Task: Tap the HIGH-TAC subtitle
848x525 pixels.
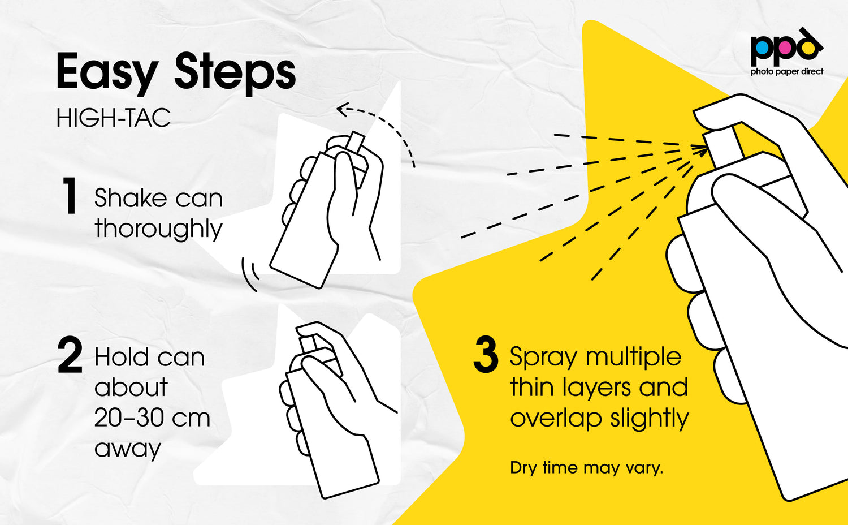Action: click(x=114, y=118)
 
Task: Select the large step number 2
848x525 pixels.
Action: click(x=70, y=355)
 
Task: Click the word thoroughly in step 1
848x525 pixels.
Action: click(x=159, y=229)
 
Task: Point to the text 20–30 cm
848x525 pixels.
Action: click(x=152, y=418)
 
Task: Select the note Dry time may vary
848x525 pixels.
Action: click(x=586, y=468)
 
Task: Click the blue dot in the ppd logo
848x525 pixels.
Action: click(x=762, y=48)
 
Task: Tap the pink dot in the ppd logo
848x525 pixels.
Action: click(x=784, y=48)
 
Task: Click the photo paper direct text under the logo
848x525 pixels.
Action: click(x=787, y=71)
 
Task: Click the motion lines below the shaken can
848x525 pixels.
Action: click(x=250, y=273)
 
